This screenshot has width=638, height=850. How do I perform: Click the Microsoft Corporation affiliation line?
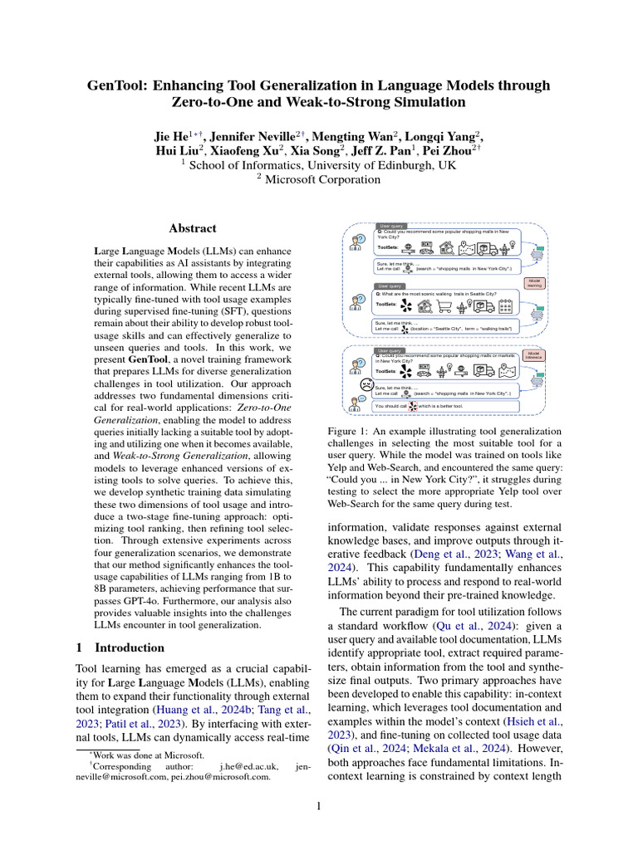click(318, 178)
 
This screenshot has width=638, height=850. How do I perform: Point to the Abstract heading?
click(192, 227)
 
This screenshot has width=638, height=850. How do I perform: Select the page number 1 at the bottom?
click(318, 804)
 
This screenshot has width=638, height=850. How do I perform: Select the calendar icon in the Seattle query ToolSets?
click(504, 306)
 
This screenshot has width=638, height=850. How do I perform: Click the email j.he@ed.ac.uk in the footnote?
click(243, 766)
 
